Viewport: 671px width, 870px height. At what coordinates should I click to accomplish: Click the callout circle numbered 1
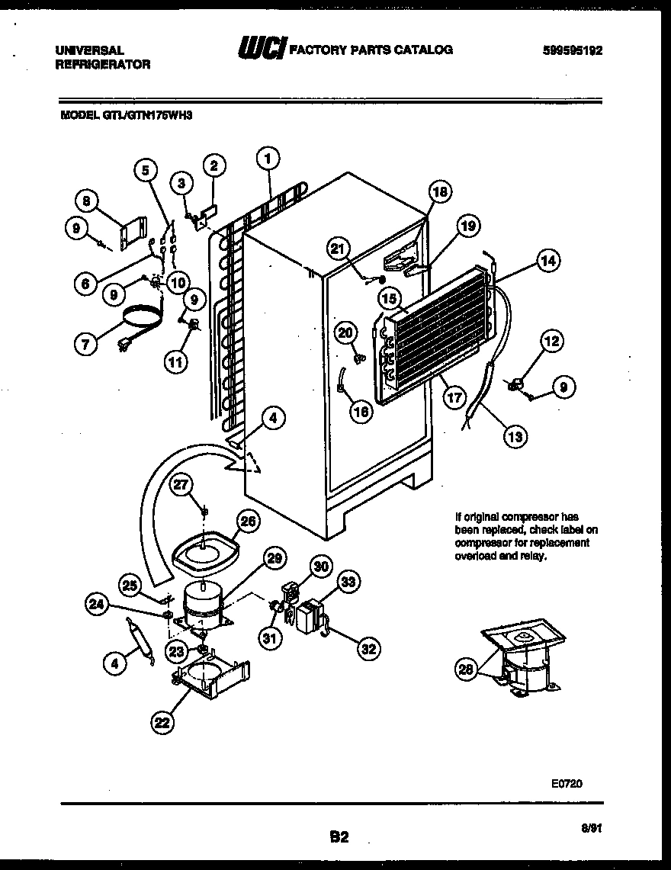(268, 158)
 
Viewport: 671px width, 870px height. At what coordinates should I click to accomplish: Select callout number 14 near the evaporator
(548, 260)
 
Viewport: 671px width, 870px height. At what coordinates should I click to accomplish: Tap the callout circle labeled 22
(162, 723)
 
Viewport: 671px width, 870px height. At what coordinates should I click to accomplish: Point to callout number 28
(465, 669)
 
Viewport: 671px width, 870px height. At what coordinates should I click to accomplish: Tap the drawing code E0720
(567, 782)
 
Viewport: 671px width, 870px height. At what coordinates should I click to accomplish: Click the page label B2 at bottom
(339, 837)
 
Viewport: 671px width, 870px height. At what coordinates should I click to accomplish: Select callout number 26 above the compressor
(248, 522)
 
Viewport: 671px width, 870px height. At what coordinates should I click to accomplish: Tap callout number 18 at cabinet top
(440, 191)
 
